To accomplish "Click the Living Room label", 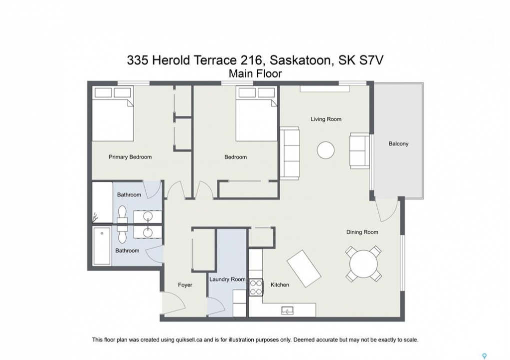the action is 326,119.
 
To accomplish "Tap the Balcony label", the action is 398,143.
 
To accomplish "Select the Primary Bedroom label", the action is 130,157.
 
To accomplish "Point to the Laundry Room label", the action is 227,279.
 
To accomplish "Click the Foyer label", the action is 185,285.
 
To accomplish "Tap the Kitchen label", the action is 280,284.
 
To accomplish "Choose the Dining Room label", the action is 362,232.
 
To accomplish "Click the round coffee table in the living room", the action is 326,150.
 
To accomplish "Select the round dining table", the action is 364,263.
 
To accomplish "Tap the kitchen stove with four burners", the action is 256,287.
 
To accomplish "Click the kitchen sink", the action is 287,310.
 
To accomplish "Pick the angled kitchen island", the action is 304,268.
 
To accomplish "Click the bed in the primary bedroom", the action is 113,113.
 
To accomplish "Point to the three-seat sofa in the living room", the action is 289,153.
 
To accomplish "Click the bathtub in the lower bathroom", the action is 102,246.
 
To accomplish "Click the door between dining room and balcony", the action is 387,210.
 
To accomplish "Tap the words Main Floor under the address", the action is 255,74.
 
